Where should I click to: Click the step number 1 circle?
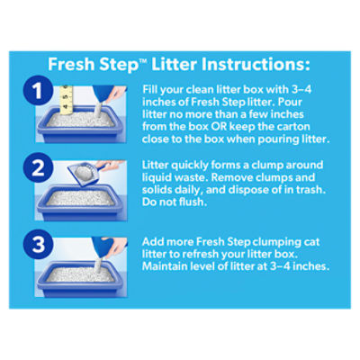[38, 90]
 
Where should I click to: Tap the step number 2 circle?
[38, 167]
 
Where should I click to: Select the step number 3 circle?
[38, 245]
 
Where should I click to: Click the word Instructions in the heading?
[256, 65]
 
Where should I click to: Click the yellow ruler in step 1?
[67, 100]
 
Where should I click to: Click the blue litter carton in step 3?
[103, 247]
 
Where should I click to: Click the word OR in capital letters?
[219, 127]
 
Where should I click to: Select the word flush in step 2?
[192, 202]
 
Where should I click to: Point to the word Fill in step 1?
[150, 89]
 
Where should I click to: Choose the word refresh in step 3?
[201, 254]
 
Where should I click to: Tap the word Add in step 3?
[153, 242]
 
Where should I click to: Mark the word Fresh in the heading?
[72, 64]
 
